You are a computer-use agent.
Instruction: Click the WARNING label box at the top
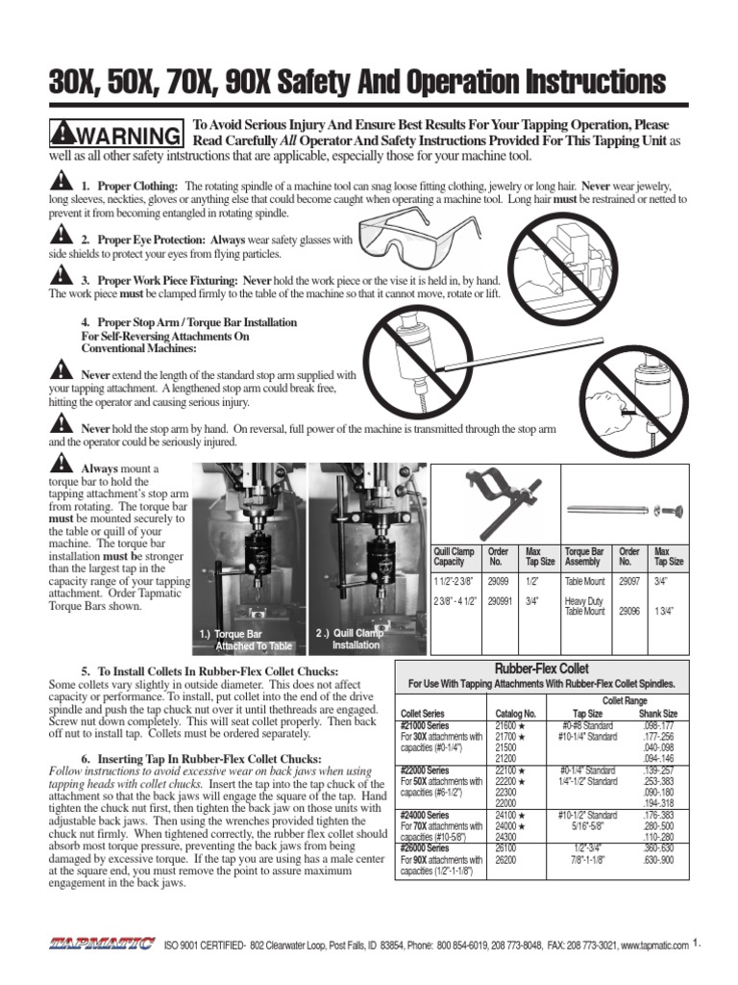tap(116, 133)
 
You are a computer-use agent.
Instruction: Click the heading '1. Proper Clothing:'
tap(129, 185)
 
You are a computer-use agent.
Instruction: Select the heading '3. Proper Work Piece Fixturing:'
tap(160, 279)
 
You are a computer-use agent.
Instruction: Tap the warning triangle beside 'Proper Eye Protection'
tap(60, 237)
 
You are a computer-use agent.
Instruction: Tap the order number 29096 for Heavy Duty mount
tap(629, 611)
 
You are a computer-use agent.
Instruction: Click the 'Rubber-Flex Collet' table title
tap(541, 669)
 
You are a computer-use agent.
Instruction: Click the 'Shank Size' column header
tap(657, 714)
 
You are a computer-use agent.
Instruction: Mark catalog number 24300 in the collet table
tap(505, 838)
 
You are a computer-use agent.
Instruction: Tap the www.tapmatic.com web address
tap(654, 946)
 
